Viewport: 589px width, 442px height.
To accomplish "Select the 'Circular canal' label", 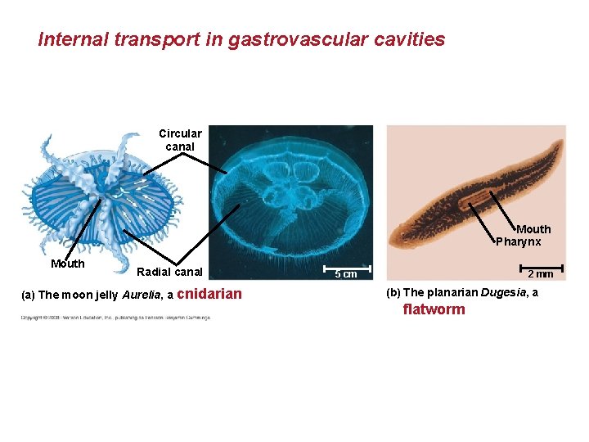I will point(180,140).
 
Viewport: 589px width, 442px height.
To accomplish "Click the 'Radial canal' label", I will point(169,272).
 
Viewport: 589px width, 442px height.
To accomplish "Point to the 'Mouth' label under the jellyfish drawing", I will point(67,264).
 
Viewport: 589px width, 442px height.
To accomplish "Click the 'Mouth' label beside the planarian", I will point(533,229).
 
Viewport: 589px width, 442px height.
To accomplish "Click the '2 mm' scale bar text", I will point(540,274).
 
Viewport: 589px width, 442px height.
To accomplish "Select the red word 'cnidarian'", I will point(209,295).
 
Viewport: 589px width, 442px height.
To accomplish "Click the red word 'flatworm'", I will point(434,309).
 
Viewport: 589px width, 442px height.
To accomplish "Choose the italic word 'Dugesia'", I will point(497,293).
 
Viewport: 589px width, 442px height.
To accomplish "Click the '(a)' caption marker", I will point(28,295).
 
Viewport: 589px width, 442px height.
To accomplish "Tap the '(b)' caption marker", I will point(391,293).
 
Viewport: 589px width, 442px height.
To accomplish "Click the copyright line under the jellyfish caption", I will point(115,317).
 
